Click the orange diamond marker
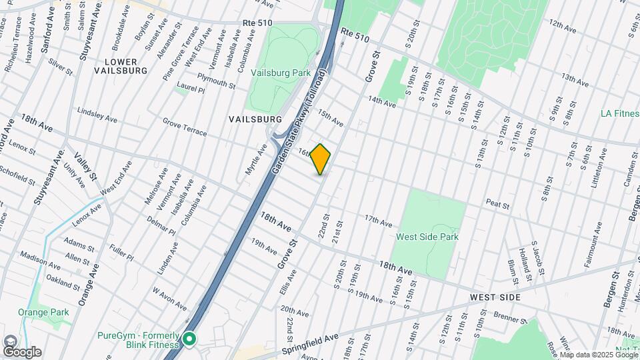pos(321,159)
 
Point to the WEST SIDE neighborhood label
pos(495,296)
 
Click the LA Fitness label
pos(619,114)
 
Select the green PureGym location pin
pos(189,340)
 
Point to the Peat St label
pos(497,203)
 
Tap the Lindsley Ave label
pos(97,115)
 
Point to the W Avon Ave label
pos(169,299)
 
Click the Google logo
pos(22,351)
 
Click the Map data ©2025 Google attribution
pos(598,355)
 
